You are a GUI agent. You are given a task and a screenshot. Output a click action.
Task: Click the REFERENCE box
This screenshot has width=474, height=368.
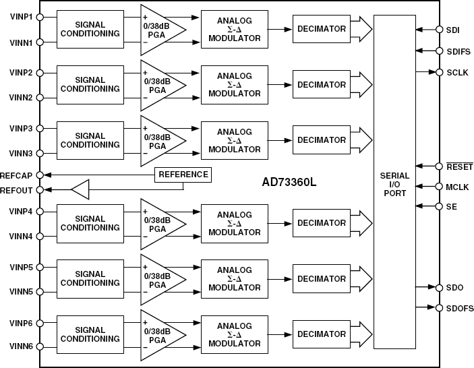183,175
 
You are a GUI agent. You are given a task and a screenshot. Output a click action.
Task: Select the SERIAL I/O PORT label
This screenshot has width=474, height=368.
394,184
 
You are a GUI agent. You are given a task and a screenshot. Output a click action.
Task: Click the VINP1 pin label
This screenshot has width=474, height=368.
21,16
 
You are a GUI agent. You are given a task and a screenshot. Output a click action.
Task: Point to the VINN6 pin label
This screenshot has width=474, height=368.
21,347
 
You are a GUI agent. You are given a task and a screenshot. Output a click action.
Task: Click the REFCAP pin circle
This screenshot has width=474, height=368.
39,175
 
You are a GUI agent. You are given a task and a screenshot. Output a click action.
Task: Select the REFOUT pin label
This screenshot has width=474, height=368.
17,190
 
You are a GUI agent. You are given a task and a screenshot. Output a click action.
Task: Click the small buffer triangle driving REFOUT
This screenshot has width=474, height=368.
80,190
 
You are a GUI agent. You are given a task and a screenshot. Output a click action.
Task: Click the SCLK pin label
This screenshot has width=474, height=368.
456,72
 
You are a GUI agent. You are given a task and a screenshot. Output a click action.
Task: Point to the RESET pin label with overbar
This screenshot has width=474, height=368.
458,166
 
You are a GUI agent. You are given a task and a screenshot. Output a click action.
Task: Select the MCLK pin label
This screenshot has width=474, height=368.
456,187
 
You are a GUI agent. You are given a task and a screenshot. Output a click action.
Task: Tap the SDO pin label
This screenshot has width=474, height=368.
454,288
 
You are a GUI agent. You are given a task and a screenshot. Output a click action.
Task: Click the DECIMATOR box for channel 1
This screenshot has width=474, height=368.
322,29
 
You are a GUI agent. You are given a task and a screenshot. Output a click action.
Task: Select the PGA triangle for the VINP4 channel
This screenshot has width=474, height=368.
158,223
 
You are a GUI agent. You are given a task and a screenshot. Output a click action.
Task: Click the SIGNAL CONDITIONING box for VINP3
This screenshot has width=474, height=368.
90,140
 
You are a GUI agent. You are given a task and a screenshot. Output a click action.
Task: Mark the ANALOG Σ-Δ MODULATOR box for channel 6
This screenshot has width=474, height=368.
234,335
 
